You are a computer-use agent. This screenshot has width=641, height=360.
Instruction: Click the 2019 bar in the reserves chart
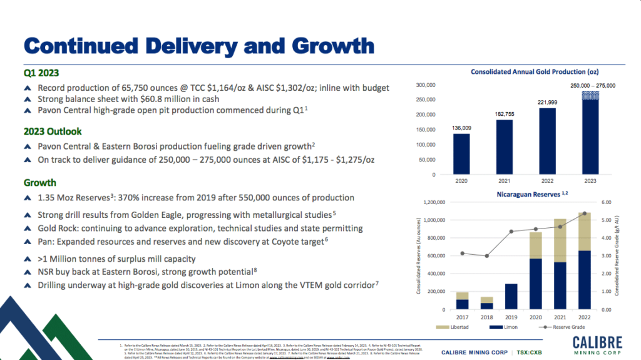[511, 297]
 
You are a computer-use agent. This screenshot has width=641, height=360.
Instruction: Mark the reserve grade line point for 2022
[585, 213]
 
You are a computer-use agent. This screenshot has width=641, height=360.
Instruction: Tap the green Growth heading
[40, 183]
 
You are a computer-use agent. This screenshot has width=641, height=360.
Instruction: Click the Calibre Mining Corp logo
[597, 344]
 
